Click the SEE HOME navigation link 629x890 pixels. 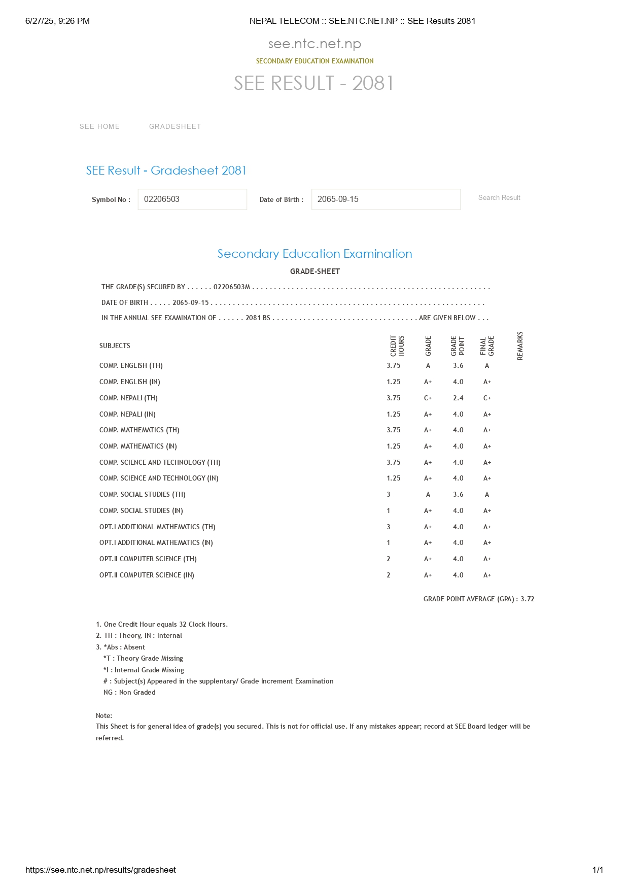(99, 126)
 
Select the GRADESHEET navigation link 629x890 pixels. (175, 126)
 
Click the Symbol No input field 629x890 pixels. (192, 199)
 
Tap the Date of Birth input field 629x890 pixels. (386, 199)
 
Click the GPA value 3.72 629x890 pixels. (528, 599)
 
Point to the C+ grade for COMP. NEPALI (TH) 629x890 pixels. (428, 398)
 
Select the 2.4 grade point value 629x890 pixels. (458, 398)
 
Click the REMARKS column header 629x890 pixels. (519, 346)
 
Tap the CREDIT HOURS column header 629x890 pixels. (397, 346)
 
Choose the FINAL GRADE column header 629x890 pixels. (487, 346)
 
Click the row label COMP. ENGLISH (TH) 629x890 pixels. (131, 365)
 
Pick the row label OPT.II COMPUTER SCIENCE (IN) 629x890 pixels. (147, 575)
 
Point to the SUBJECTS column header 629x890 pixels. (115, 346)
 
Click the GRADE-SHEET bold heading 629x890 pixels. (314, 271)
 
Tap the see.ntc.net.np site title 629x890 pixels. (314, 44)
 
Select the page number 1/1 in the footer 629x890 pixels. (598, 870)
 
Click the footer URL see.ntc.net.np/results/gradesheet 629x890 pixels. (100, 870)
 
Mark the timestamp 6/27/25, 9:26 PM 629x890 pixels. (57, 21)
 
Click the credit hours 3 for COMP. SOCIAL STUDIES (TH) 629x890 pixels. (389, 494)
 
